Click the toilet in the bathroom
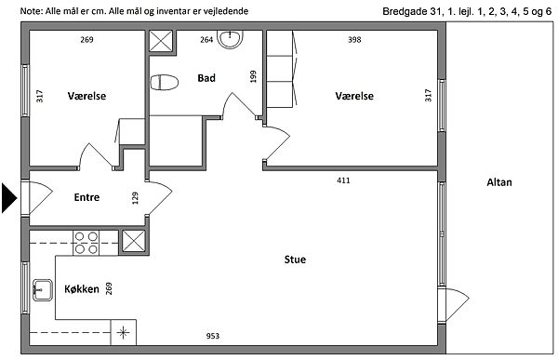164,82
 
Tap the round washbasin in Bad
231,39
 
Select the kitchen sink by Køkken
43,290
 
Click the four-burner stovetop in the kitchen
86,243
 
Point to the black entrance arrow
9,198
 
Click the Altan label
499,182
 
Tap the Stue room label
295,260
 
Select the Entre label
86,197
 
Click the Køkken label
82,288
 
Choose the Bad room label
206,77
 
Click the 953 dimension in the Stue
213,336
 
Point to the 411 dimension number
343,180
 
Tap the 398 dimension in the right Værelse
354,39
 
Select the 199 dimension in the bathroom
253,76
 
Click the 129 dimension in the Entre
135,198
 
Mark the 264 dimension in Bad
206,39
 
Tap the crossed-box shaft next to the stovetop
134,242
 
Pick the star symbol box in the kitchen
123,333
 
